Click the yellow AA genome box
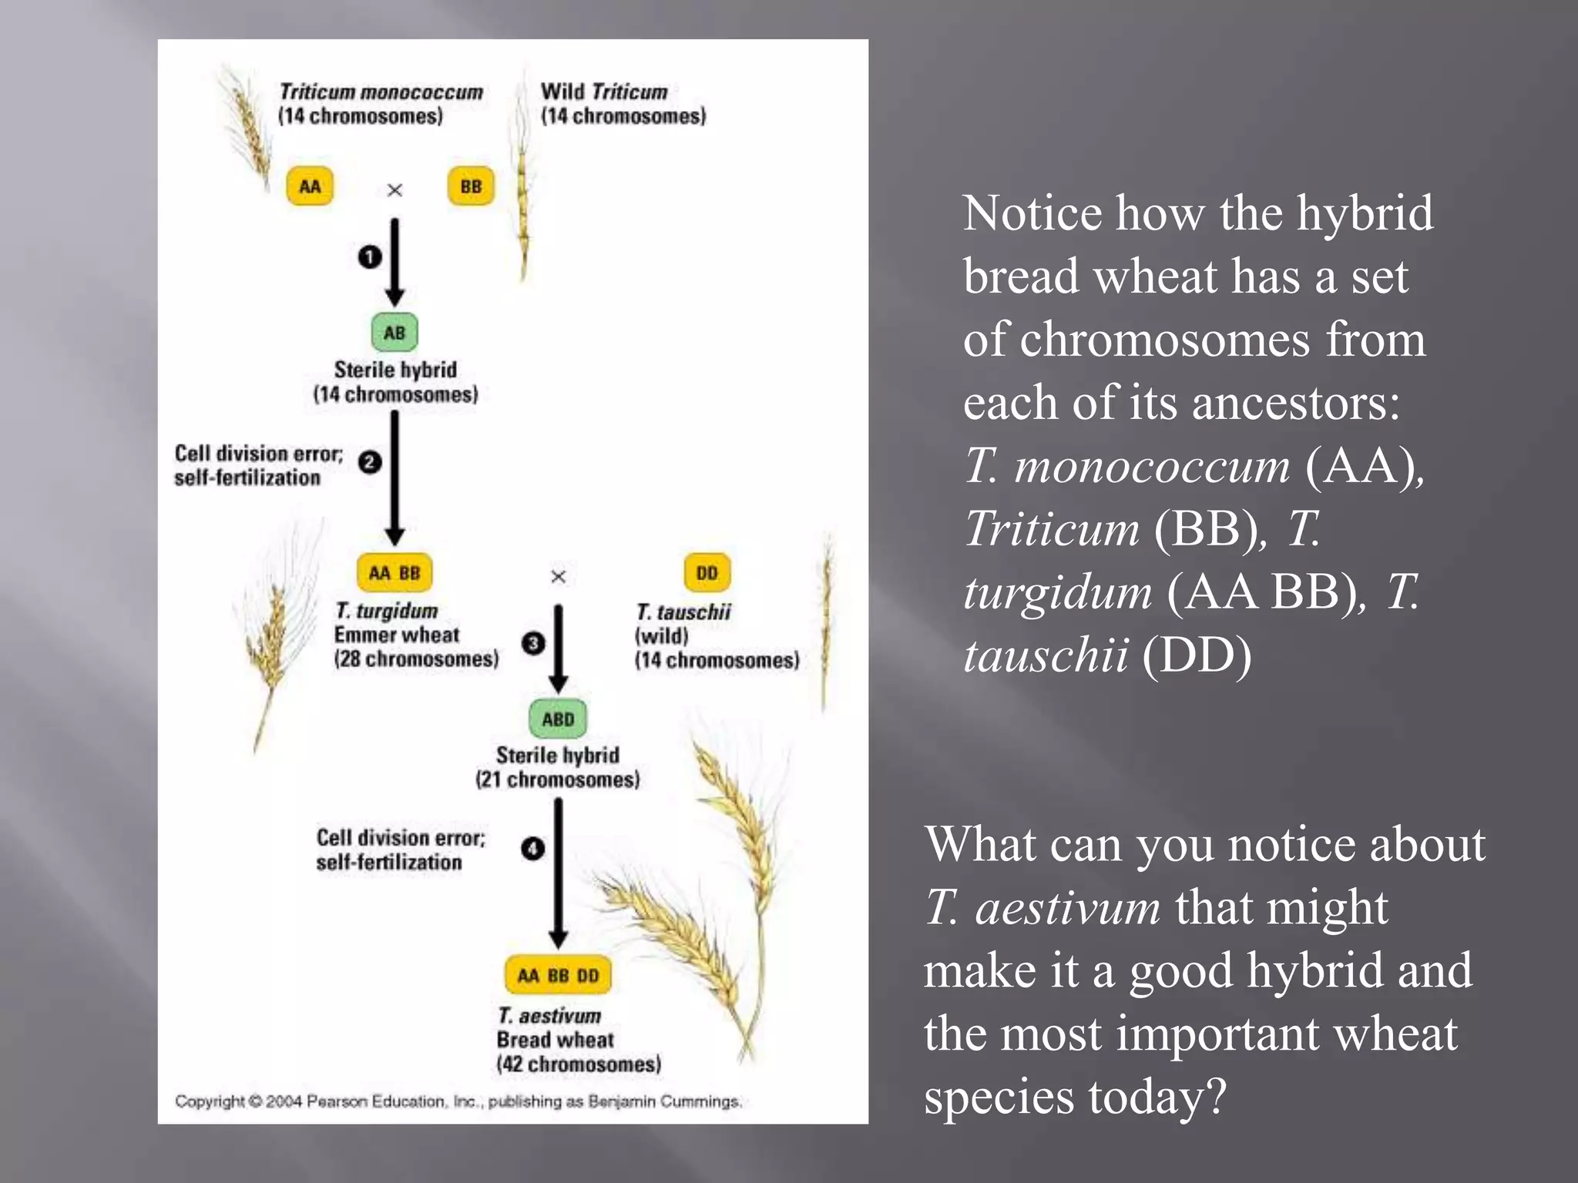(310, 186)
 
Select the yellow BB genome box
(471, 186)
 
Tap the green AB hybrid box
(394, 333)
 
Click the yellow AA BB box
(394, 573)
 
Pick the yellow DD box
(707, 573)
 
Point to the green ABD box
(558, 719)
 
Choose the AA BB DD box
(559, 975)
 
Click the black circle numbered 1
(370, 256)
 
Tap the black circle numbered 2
(370, 462)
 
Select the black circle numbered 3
(532, 643)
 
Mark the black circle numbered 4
(532, 849)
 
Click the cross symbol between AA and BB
(394, 189)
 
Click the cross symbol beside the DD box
(559, 576)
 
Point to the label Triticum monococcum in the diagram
(381, 92)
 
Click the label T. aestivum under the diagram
(549, 1016)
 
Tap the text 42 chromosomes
(579, 1064)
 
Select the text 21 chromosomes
(557, 779)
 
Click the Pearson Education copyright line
(458, 1101)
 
